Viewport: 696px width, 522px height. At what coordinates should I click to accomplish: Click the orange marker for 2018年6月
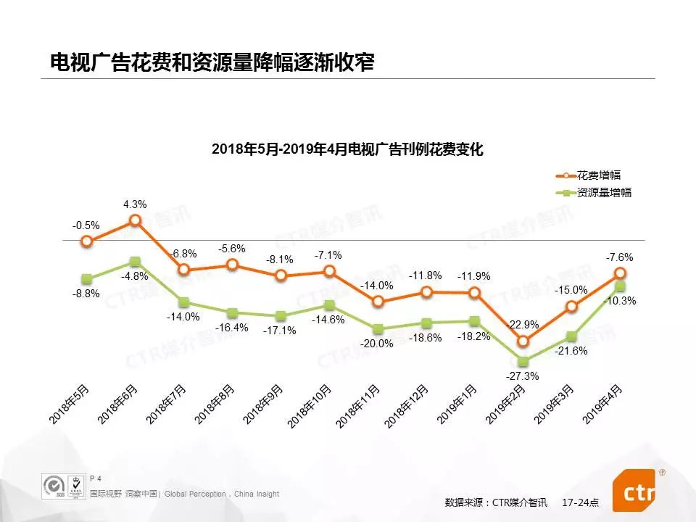point(135,220)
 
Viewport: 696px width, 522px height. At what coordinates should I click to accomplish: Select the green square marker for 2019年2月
point(523,361)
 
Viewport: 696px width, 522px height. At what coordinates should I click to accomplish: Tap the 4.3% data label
point(135,204)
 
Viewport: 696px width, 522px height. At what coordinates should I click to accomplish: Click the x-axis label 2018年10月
point(310,406)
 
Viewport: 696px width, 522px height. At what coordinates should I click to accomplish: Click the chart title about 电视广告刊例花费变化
point(347,150)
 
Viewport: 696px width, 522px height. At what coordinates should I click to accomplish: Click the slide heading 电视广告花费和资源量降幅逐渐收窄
point(212,62)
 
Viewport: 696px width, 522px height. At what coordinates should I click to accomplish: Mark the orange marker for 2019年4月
point(620,273)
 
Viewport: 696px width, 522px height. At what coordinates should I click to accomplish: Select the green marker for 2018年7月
point(183,302)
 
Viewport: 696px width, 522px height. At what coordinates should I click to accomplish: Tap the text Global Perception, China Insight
point(222,494)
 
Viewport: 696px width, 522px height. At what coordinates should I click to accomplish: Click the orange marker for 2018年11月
point(378,301)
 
